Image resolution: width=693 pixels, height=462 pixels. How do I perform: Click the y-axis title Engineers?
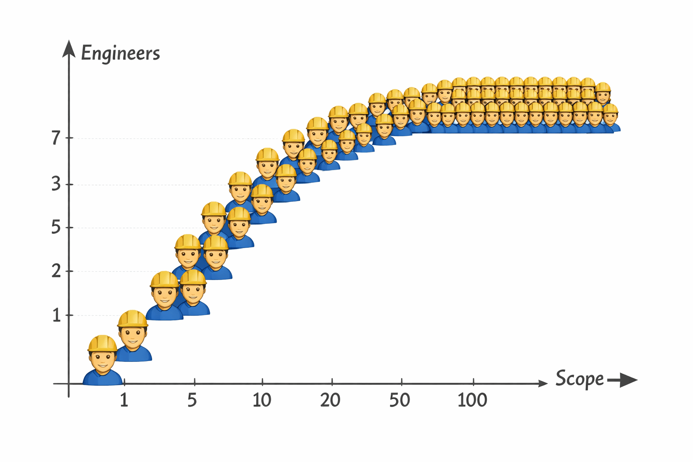tap(120, 53)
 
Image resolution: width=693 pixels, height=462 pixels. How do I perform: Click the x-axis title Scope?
tap(579, 379)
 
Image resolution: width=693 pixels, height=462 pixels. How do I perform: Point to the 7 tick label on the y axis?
tap(56, 138)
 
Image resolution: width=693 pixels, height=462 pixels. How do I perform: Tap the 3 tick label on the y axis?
tap(56, 184)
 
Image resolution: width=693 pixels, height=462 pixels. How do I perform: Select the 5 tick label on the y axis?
tap(56, 227)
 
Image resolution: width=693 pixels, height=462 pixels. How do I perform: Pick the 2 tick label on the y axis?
tap(56, 271)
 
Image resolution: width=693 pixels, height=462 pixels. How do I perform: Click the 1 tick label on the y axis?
tap(56, 315)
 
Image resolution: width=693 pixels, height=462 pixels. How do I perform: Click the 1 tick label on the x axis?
tap(124, 400)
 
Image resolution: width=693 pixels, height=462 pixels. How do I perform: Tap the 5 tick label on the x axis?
tap(193, 400)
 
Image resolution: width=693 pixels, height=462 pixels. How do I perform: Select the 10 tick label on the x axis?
tap(262, 400)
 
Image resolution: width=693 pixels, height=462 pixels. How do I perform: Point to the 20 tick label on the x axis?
tap(330, 400)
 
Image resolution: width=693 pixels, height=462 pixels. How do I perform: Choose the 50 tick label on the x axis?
tap(400, 400)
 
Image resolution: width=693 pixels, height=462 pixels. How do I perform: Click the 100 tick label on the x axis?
tap(472, 400)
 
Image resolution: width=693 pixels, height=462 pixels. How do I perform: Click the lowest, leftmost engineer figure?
tap(103, 361)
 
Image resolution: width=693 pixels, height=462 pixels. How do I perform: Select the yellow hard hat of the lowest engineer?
tap(102, 343)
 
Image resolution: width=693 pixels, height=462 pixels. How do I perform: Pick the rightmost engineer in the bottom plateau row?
tap(610, 118)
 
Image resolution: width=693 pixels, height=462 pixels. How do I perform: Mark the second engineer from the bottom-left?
tap(133, 336)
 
